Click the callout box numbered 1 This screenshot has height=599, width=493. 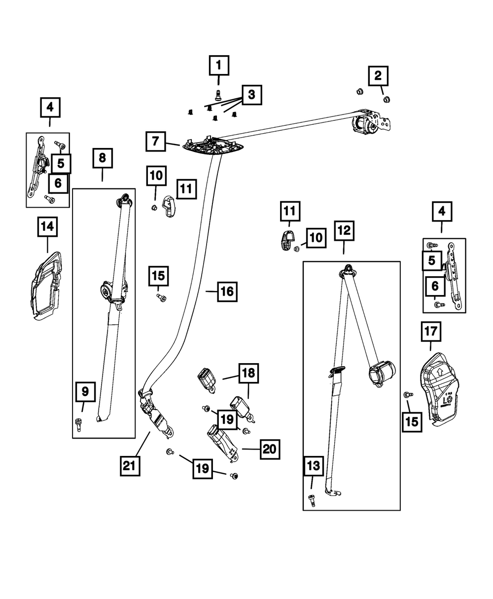[x=219, y=65]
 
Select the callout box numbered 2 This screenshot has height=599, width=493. [x=378, y=75]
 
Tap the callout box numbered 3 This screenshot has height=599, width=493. [x=251, y=94]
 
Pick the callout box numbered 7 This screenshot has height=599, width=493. [x=156, y=142]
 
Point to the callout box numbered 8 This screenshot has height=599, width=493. [x=103, y=158]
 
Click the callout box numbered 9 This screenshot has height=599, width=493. [x=85, y=392]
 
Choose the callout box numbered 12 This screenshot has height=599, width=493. [x=344, y=230]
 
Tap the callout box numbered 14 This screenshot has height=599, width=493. [x=47, y=227]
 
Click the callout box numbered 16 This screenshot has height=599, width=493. [x=227, y=292]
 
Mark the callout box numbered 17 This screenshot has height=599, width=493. [x=431, y=332]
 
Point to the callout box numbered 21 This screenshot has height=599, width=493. [x=129, y=465]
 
